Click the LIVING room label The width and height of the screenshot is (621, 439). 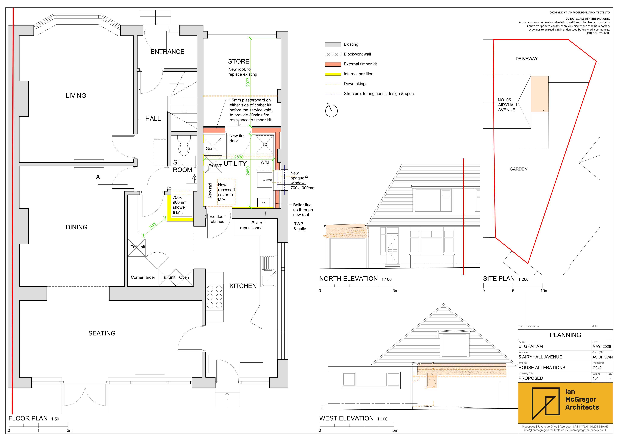[76, 96]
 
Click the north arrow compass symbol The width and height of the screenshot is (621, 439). [331, 110]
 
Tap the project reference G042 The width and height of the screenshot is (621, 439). [597, 368]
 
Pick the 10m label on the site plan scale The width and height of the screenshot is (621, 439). [544, 291]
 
